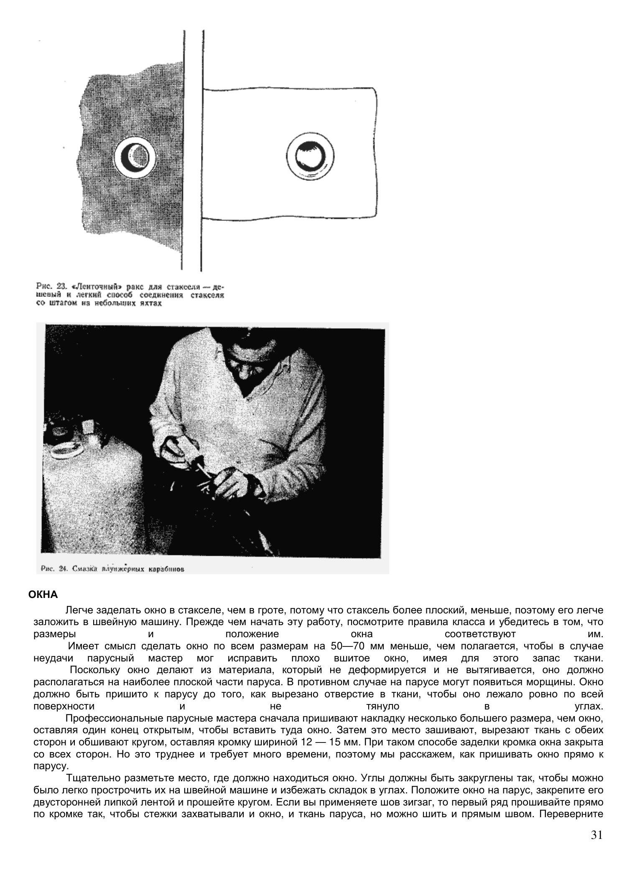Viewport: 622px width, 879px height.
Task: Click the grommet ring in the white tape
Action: tap(310, 157)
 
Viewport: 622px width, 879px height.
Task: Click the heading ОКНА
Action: tap(43, 594)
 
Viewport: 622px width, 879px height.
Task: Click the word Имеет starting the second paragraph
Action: tap(83, 646)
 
